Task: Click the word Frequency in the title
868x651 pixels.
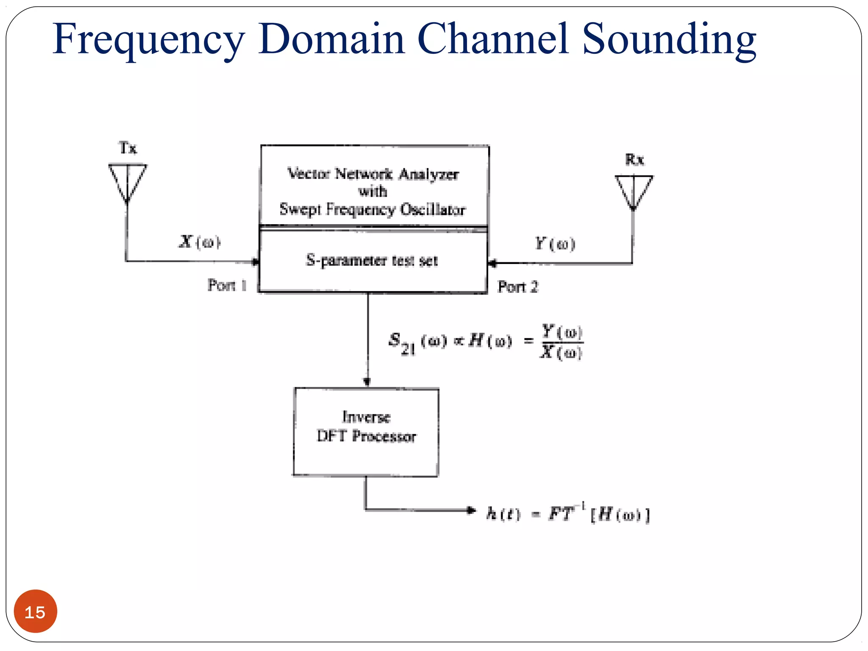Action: (x=148, y=40)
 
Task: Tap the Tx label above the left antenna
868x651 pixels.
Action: (x=128, y=148)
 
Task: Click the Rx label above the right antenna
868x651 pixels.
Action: (x=634, y=160)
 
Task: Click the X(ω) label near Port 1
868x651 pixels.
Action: (x=199, y=242)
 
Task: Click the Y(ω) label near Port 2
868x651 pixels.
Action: (x=555, y=244)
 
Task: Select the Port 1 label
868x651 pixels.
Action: (x=227, y=285)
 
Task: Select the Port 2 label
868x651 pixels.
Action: (x=517, y=287)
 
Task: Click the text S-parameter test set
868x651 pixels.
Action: (x=372, y=261)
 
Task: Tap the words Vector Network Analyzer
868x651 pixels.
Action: (x=373, y=174)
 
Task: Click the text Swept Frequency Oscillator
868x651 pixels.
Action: (x=372, y=209)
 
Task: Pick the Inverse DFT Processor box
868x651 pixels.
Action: (x=366, y=432)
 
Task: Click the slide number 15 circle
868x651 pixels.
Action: (x=35, y=612)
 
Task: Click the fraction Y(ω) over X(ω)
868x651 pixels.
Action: (x=562, y=342)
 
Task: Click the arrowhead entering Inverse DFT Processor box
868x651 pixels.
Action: (x=367, y=381)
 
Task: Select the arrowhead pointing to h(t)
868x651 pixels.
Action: (x=470, y=510)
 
